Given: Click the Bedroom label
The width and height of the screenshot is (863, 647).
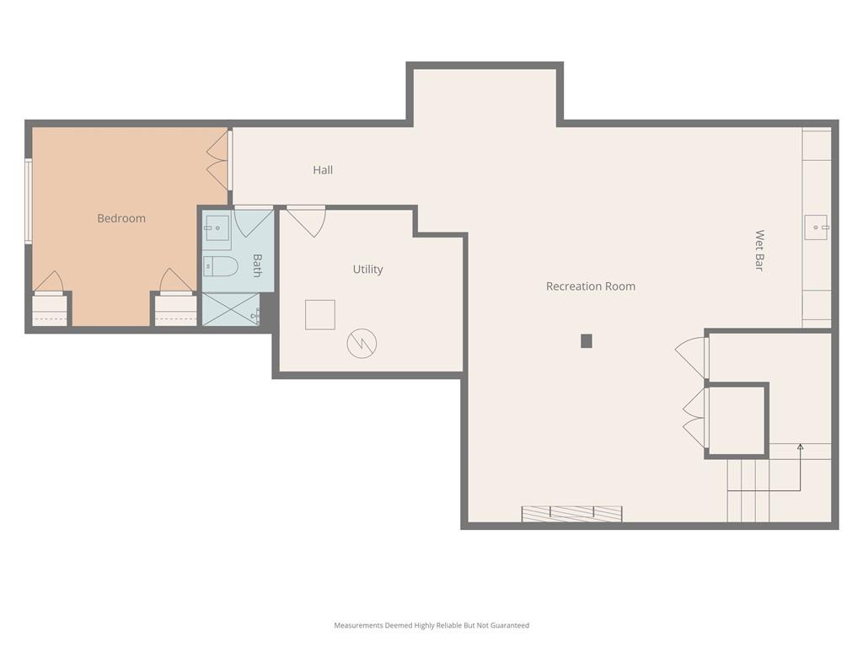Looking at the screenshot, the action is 121,218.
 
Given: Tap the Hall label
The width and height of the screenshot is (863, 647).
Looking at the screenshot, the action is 323,170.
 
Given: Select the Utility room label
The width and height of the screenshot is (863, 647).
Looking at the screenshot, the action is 367,269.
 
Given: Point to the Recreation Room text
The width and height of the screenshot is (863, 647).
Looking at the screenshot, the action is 591,286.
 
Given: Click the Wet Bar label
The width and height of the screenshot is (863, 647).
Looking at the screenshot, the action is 759,250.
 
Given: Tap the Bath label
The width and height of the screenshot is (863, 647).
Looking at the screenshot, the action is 257,265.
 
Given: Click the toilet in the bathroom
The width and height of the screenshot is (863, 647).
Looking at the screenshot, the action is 220,267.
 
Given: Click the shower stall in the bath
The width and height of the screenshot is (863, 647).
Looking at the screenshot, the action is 231,309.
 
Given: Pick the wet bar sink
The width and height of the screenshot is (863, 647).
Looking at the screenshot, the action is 816,227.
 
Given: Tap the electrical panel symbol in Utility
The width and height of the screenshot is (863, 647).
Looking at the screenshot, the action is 362,344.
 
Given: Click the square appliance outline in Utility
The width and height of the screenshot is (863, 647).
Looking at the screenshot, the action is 319,315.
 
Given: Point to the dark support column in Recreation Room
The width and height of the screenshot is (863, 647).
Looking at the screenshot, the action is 587,341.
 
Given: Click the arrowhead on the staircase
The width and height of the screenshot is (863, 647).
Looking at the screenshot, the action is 801,446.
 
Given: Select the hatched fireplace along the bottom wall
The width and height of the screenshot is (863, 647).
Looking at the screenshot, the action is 572,514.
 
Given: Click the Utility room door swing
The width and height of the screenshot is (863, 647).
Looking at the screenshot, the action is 307,222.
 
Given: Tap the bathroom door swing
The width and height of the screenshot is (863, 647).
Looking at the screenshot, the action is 253,222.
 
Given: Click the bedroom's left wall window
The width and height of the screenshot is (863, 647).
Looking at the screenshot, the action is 28,201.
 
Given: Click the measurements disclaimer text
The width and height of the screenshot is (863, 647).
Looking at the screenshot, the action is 431,625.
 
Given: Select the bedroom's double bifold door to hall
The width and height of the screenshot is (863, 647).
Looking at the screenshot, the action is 217,161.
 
